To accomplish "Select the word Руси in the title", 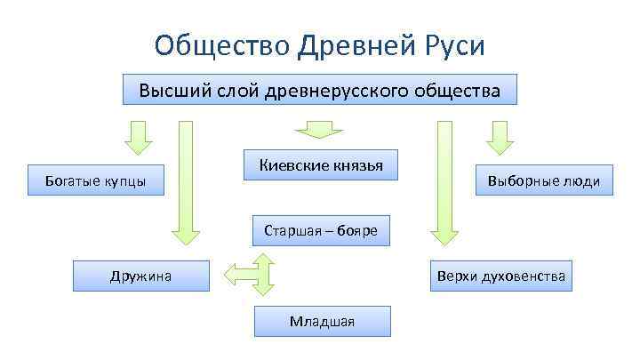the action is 452,44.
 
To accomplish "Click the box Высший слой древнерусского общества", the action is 320,91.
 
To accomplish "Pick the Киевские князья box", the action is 321,165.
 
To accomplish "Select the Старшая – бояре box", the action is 321,231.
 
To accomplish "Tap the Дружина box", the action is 141,276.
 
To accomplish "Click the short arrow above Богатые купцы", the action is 137,138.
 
